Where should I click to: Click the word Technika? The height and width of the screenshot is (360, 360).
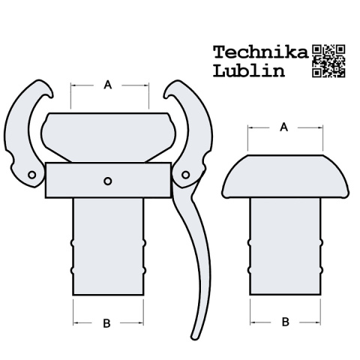(x=261, y=52)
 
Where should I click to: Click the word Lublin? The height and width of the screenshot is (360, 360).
(x=249, y=71)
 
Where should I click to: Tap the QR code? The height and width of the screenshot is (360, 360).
(x=328, y=61)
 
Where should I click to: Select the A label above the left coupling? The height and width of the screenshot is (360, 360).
(x=108, y=85)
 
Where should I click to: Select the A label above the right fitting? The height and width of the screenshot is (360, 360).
(x=283, y=127)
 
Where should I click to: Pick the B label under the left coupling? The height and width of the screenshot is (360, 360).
(x=106, y=323)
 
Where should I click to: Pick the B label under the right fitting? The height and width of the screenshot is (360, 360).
(x=286, y=322)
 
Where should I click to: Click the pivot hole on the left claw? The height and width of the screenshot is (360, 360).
(x=32, y=175)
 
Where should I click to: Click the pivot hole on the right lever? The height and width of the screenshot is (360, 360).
(x=185, y=175)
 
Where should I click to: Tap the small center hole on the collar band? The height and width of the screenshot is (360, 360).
(x=108, y=181)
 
